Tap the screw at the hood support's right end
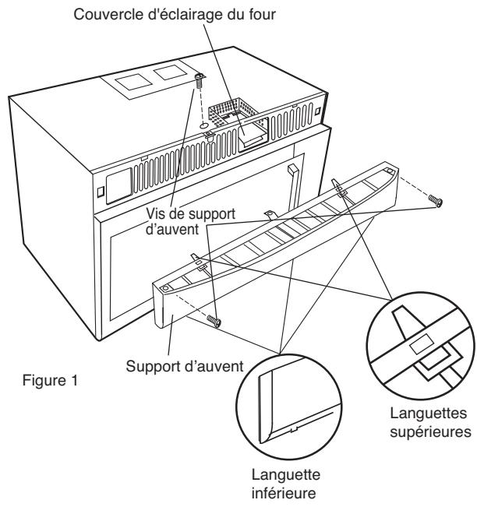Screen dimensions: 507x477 pos(438,201)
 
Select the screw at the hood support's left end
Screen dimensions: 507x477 pos(214,320)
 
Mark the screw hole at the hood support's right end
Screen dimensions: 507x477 pos(387,169)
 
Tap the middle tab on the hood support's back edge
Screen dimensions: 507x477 pos(268,213)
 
